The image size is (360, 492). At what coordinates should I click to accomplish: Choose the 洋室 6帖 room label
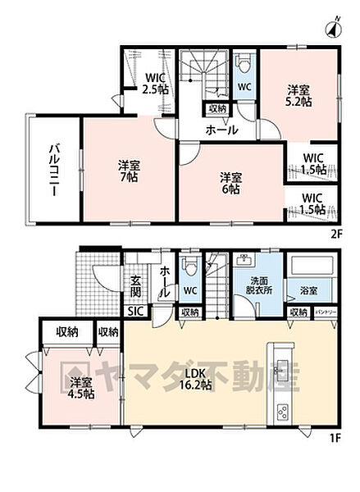229,182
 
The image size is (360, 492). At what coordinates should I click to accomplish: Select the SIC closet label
135,312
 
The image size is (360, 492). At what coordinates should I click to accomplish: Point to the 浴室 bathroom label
310,291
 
